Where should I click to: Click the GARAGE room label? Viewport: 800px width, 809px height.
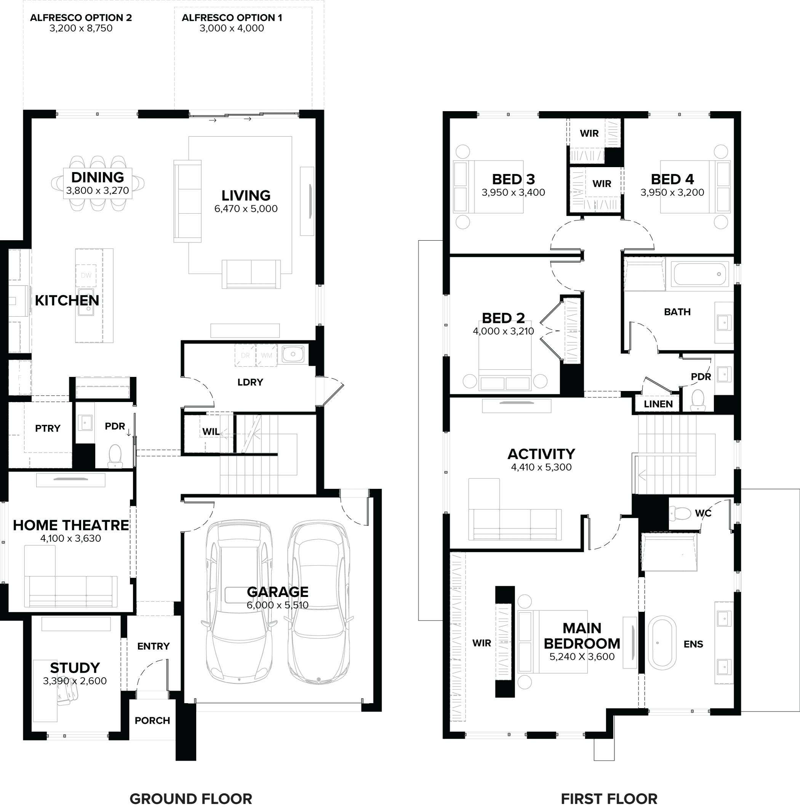click(277, 592)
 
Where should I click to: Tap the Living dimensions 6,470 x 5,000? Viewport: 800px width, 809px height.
click(246, 209)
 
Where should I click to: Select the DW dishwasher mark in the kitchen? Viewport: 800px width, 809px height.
click(86, 275)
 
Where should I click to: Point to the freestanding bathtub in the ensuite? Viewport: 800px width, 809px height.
click(662, 643)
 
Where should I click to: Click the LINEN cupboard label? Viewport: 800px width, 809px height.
click(658, 404)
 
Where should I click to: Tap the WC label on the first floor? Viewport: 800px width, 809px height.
click(703, 513)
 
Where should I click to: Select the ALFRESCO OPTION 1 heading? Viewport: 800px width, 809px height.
click(232, 18)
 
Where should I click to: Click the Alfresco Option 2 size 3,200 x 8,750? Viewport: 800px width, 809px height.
click(81, 29)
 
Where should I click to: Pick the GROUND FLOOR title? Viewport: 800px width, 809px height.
click(191, 799)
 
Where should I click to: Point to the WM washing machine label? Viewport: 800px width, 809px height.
click(267, 356)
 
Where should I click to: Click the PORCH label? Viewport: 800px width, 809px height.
click(152, 720)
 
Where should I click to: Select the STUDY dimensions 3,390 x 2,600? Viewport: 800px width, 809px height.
click(75, 680)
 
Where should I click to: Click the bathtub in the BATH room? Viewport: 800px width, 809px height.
click(699, 274)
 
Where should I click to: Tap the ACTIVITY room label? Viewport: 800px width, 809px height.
click(541, 454)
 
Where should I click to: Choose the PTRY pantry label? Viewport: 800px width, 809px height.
click(48, 428)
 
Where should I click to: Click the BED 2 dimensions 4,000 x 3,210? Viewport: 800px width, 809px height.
click(503, 331)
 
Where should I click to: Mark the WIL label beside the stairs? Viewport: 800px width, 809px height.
click(211, 432)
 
